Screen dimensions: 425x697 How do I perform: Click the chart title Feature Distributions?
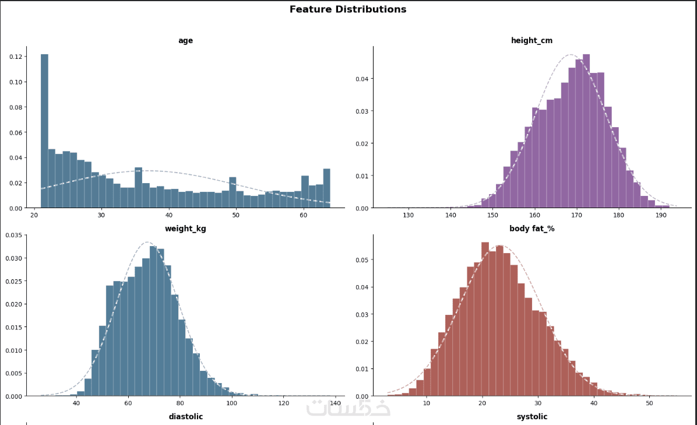(348, 9)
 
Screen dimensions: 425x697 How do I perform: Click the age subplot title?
(185, 41)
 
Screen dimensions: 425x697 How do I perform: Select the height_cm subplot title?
(531, 41)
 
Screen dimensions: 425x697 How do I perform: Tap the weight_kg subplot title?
(185, 229)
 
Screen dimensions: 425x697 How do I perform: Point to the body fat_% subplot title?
(531, 229)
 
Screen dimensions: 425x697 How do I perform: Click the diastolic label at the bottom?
(185, 417)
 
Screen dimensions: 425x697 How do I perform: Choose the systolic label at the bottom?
(531, 417)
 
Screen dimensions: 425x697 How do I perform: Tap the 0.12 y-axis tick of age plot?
(16, 57)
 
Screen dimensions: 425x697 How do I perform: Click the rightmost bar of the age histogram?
(326, 188)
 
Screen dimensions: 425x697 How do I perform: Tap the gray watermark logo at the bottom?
(348, 408)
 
